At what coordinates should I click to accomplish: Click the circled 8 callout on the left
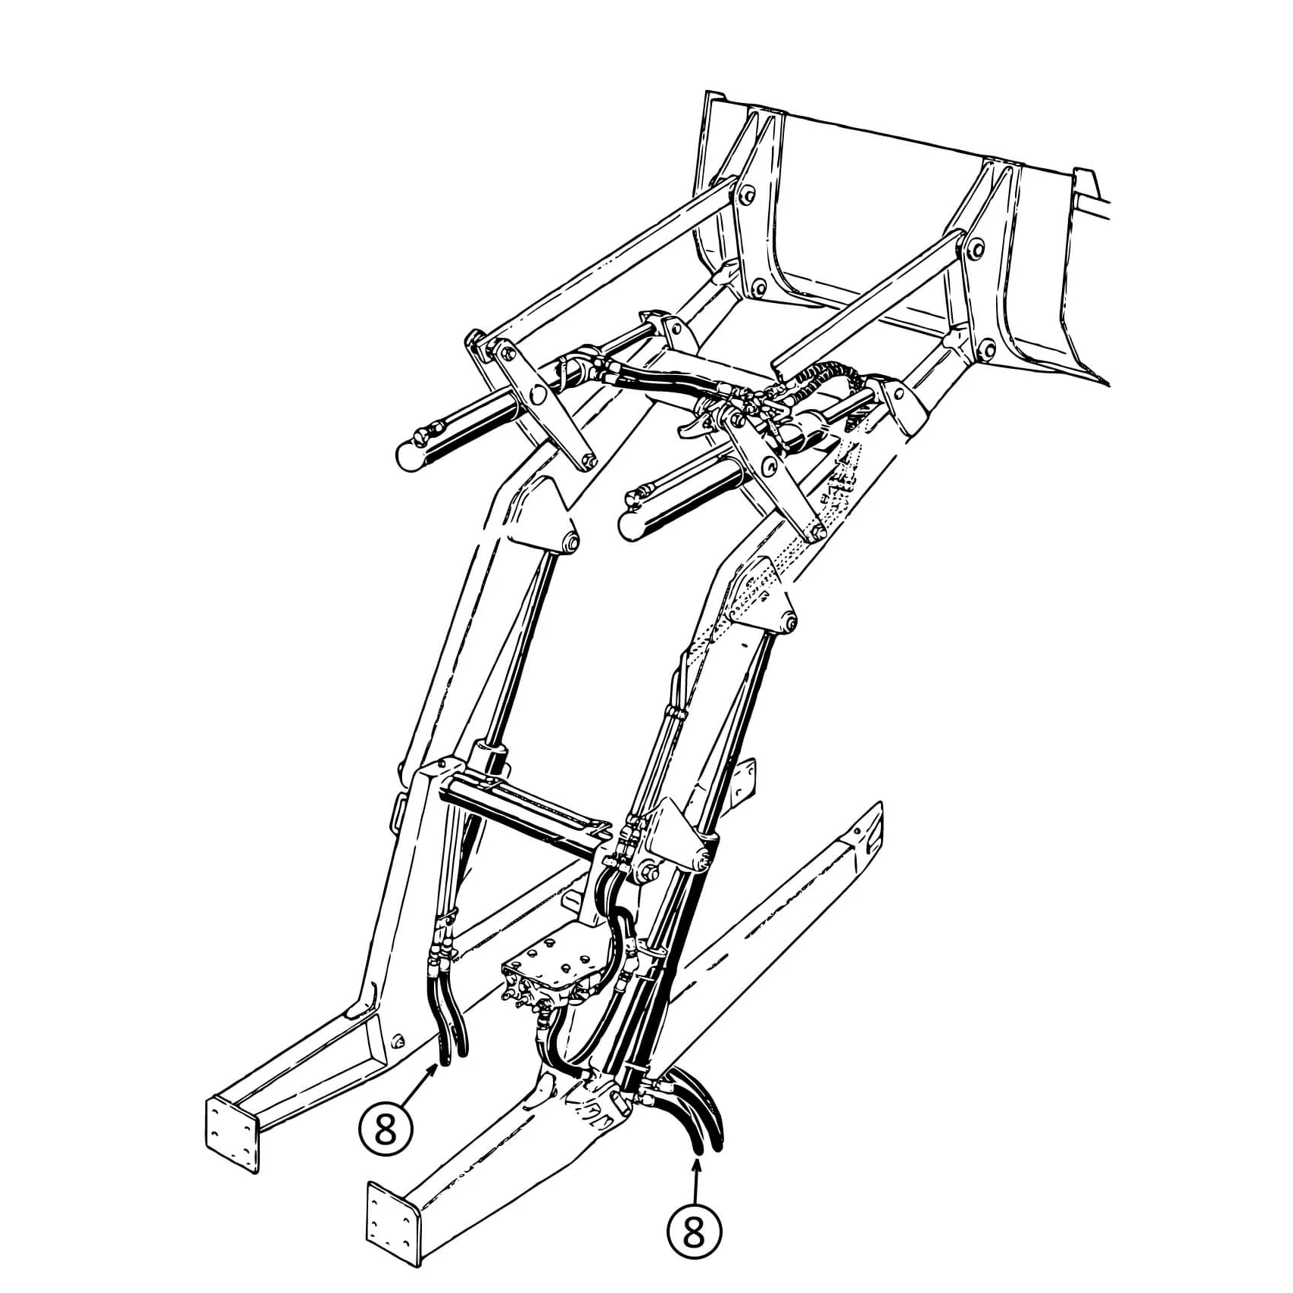pyautogui.click(x=386, y=1131)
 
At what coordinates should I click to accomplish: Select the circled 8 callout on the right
pyautogui.click(x=694, y=1232)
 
